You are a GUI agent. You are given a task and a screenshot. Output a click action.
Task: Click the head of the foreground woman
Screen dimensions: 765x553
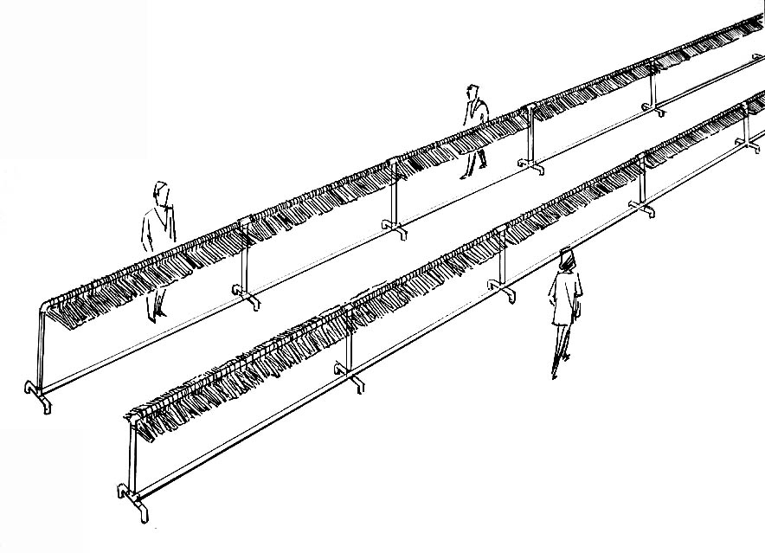coord(566,258)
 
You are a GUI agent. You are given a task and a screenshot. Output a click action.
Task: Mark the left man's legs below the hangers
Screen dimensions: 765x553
coord(156,303)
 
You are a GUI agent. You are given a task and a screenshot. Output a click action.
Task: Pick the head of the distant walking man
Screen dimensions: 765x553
coord(472,91)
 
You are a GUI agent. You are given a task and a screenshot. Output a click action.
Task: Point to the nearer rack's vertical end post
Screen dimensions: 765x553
coord(132,459)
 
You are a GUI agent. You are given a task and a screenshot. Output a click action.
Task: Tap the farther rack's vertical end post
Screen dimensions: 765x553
coord(40,346)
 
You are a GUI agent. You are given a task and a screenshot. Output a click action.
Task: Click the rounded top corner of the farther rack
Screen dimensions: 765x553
coord(45,306)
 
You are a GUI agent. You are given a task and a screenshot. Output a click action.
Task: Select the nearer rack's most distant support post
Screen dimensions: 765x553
coord(745,121)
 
